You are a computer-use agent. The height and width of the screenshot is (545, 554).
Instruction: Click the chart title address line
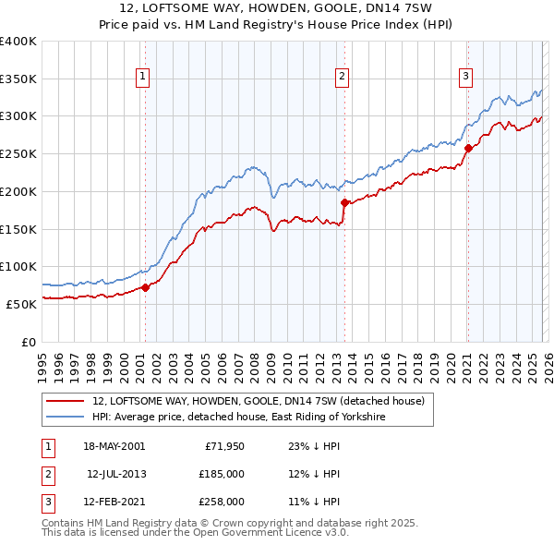276,8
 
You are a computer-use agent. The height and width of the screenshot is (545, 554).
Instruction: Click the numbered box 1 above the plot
144,77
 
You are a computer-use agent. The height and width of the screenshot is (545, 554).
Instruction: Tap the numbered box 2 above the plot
342,77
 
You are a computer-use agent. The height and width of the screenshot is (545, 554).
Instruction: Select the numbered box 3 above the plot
466,77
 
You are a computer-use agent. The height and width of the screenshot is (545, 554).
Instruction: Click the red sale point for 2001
145,287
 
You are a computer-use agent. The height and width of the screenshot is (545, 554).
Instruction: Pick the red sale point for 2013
344,202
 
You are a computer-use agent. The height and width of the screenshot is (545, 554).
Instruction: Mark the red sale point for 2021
468,148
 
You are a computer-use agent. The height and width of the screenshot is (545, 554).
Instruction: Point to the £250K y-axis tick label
18,153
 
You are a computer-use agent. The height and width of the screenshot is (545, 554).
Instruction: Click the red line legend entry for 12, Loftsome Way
258,401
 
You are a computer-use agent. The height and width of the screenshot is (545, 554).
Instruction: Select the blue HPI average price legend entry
237,418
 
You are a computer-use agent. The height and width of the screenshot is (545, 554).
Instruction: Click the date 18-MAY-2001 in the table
114,445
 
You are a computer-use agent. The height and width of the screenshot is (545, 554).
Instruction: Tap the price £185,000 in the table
222,474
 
